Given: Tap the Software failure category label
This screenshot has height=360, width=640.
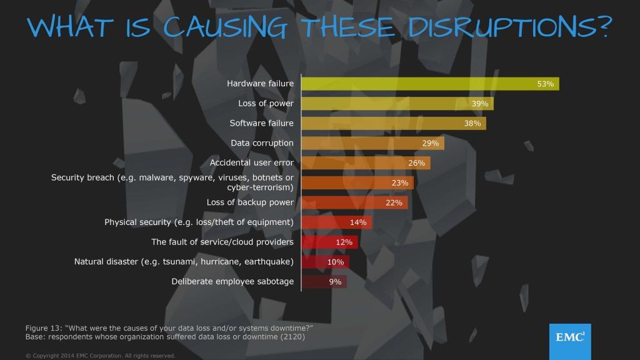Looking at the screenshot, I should click(261, 123).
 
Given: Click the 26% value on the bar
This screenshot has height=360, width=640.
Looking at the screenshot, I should click(417, 163).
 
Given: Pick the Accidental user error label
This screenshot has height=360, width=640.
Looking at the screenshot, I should click(252, 162).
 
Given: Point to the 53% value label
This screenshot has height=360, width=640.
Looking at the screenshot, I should click(546, 84).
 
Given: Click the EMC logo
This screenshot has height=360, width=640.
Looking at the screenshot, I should click(570, 338).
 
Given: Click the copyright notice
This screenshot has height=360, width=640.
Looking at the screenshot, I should click(100, 355).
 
